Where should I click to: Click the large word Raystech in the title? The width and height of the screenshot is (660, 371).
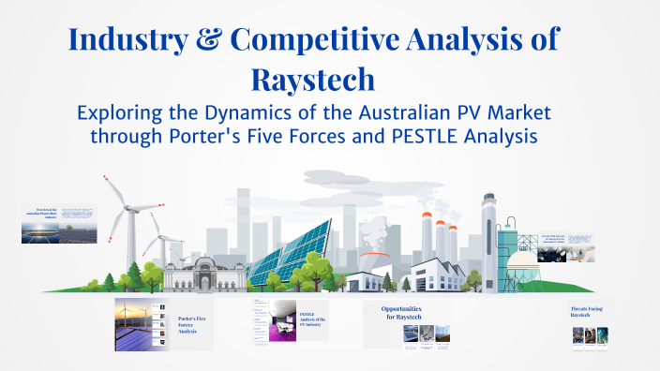click(314, 79)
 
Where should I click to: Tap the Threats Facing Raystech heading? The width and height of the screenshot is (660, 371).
click(591, 311)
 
